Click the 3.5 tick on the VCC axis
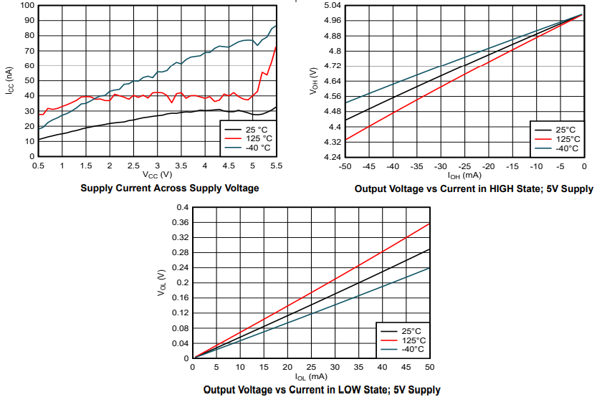point(181,166)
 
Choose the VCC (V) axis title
point(157,175)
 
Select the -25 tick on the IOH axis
point(464,166)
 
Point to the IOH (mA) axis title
point(464,175)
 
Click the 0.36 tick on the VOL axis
point(179,222)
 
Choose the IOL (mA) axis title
point(311,377)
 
